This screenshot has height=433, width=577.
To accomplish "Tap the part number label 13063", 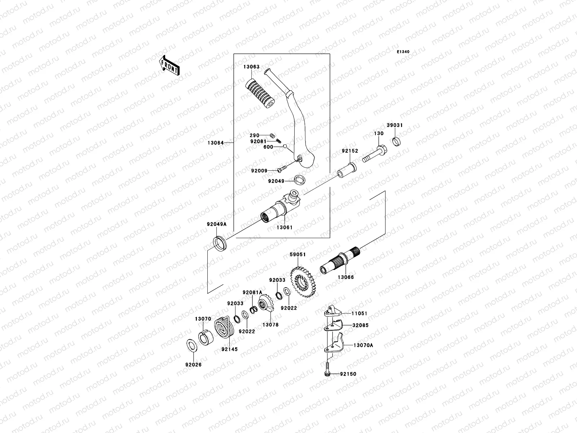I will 261,67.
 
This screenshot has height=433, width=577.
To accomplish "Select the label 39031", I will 395,125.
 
